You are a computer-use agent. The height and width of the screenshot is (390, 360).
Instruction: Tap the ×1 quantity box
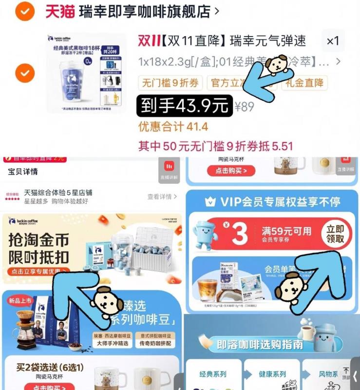333,41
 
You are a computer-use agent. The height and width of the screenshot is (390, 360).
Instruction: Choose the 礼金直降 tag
304,83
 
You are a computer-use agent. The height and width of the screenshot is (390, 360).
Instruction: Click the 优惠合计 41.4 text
173,127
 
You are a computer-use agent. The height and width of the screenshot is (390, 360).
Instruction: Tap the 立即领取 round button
336,234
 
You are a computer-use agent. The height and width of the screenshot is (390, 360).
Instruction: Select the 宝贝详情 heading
23,172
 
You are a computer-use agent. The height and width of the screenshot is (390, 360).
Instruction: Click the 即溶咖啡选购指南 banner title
260,345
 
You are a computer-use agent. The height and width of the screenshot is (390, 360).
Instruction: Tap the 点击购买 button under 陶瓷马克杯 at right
231,171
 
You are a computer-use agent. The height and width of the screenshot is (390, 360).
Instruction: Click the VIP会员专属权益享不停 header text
280,202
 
